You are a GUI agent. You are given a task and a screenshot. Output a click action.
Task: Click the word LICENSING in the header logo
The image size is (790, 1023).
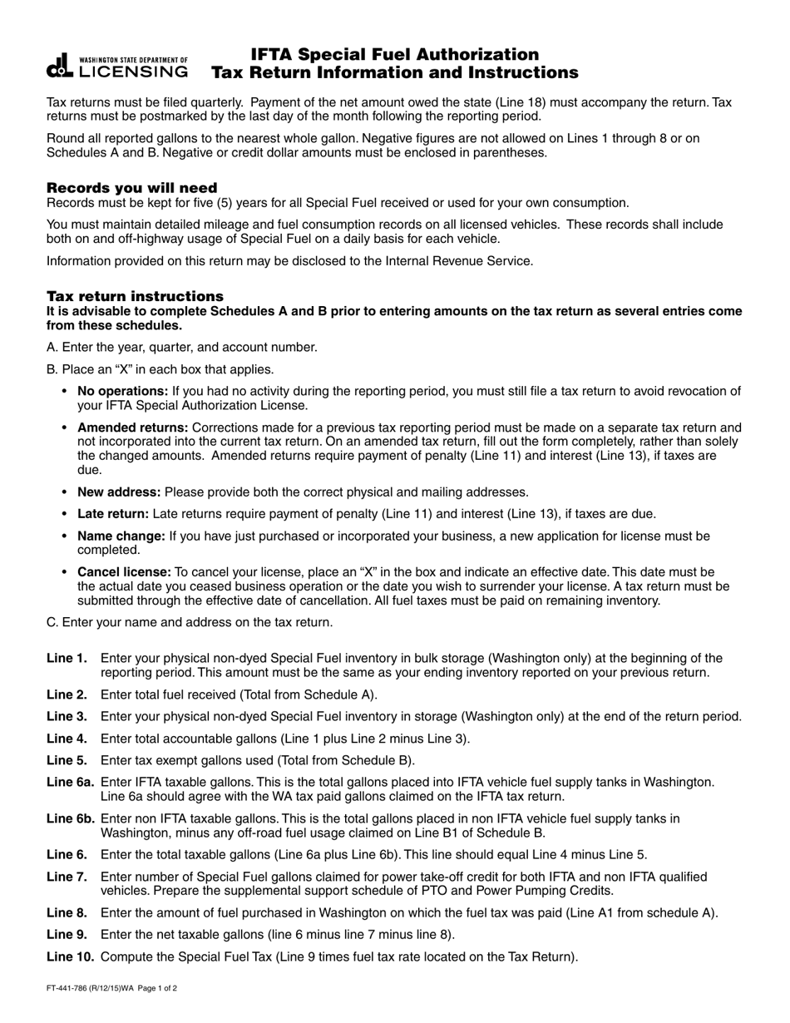133,72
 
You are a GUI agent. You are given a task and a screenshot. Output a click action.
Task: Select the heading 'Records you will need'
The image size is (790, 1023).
131,187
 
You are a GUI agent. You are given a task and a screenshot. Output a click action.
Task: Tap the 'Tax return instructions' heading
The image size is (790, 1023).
135,296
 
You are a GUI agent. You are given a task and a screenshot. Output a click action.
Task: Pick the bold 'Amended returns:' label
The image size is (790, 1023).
131,427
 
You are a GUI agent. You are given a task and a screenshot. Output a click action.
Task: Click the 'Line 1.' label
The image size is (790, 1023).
67,658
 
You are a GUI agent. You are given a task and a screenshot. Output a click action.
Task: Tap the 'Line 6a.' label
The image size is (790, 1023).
70,782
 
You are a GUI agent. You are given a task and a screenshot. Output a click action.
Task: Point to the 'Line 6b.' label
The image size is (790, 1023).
70,818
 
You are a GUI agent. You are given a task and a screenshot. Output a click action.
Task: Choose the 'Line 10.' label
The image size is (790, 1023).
70,956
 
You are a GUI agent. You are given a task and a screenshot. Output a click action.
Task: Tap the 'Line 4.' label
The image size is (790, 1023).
67,738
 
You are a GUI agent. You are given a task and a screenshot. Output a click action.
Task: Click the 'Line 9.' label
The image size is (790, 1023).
67,934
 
